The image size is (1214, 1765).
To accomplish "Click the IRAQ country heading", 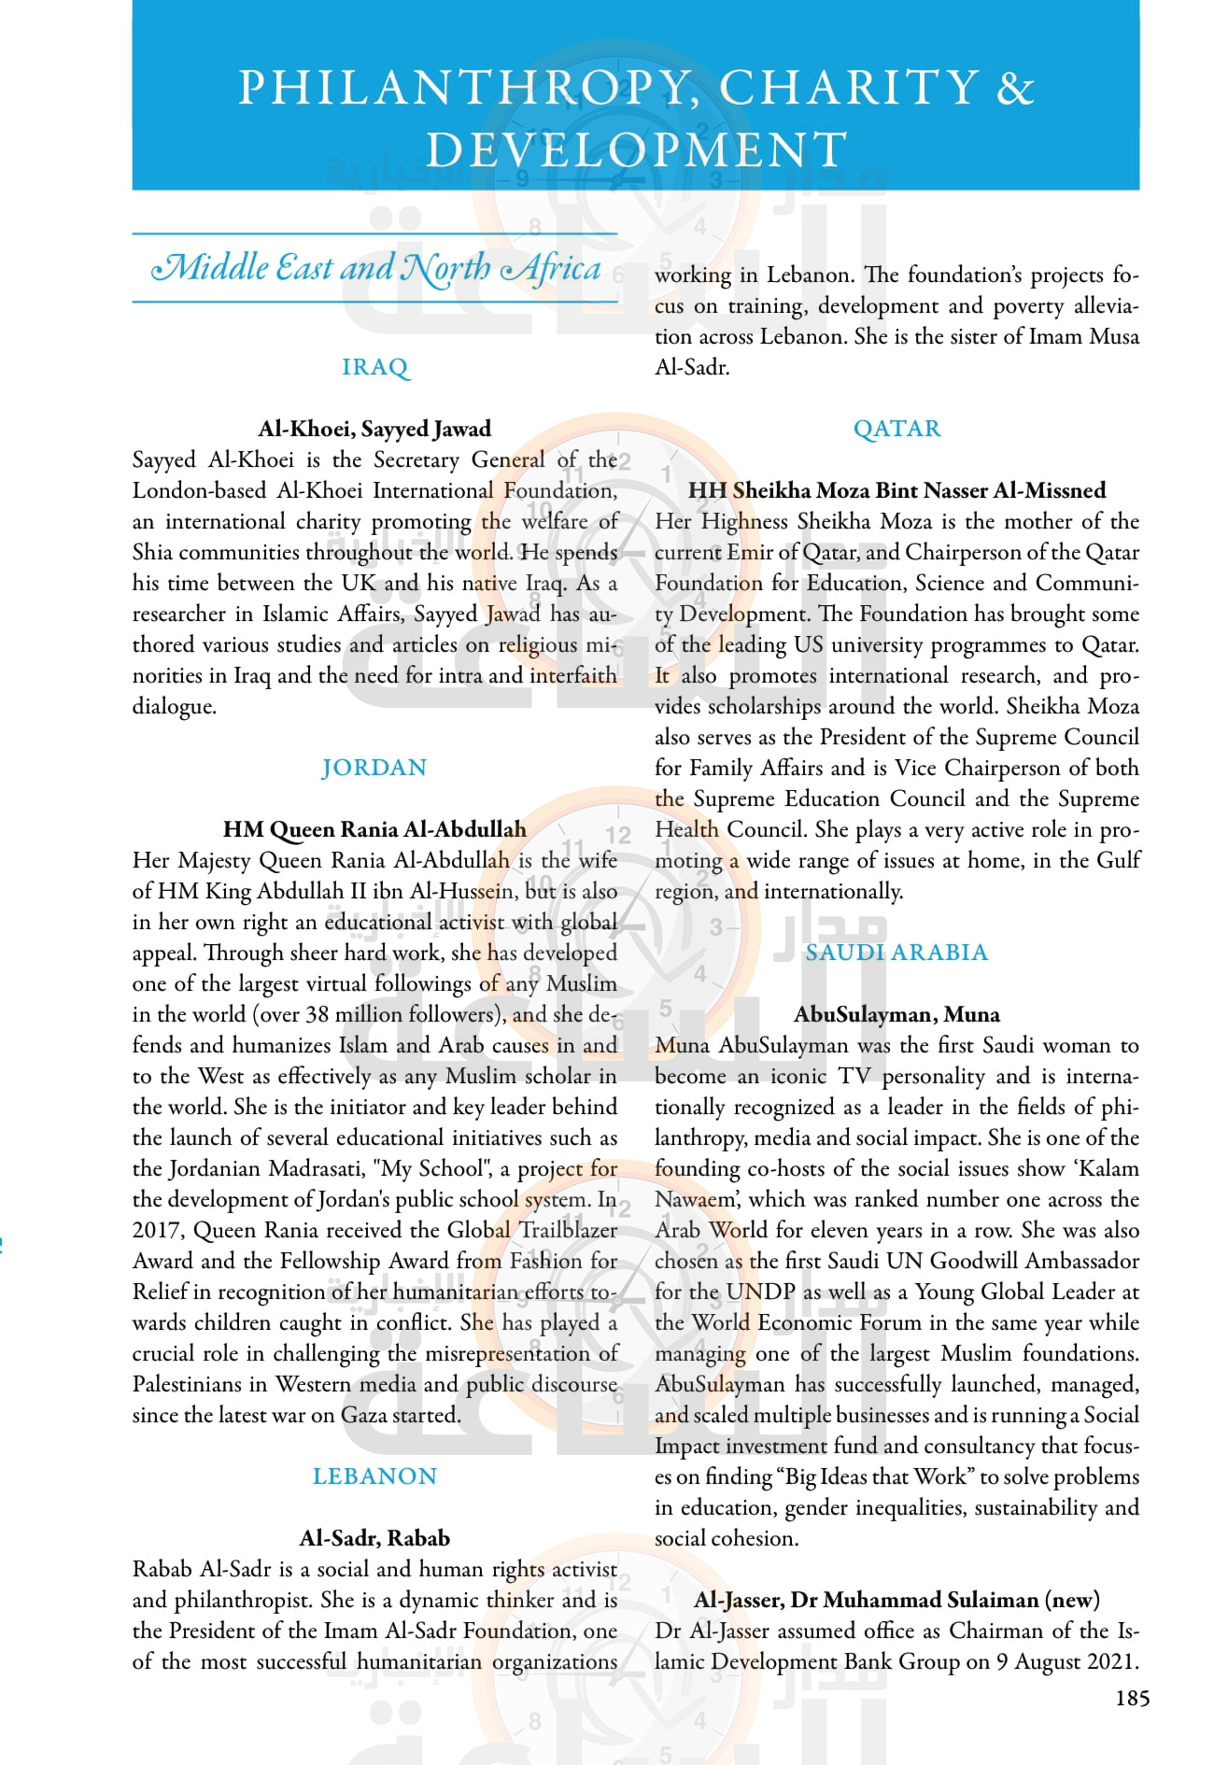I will point(374,367).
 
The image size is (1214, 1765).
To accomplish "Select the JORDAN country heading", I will point(374,768).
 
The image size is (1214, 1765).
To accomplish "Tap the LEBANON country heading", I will point(374,1476).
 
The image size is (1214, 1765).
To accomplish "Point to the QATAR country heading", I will point(896,429).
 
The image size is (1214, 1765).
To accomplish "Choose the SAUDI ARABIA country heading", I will point(896,953).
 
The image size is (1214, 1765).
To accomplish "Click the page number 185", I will point(1132,1699).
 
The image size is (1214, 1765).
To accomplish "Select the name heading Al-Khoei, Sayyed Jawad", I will point(374,429).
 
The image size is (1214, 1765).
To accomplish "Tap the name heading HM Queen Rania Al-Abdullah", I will point(374,829).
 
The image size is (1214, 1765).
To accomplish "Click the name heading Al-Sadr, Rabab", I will point(374,1538).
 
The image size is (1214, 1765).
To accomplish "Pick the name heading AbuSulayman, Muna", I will point(896,1014).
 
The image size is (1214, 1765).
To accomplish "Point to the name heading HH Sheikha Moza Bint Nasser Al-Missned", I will point(896,490).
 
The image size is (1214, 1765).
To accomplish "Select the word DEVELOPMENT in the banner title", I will point(636,149).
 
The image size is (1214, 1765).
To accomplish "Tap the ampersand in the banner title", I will point(1015,88).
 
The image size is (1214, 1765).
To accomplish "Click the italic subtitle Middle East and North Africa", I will point(375,269).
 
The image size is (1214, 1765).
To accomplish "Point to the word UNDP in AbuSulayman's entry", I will point(760,1292).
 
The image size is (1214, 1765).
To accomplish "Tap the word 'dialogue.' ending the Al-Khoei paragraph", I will point(175,707).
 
